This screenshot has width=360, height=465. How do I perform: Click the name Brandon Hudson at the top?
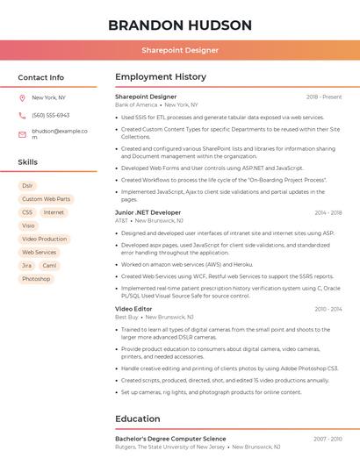click(180, 25)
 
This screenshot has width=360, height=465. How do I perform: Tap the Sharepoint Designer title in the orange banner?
click(180, 50)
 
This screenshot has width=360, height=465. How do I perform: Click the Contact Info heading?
click(40, 77)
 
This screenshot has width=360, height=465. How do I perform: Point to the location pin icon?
click(22, 98)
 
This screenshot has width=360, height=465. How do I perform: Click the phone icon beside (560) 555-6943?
click(22, 116)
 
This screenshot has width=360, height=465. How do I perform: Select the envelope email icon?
click(22, 134)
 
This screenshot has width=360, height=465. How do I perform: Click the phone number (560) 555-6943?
click(50, 116)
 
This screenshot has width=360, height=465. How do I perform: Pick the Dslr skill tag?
click(27, 186)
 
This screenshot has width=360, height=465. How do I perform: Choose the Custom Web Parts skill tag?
click(46, 199)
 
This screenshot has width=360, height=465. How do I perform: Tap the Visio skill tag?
click(29, 225)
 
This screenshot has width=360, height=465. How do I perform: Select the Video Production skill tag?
click(44, 239)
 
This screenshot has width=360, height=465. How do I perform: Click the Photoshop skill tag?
click(36, 279)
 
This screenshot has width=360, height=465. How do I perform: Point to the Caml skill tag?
click(49, 265)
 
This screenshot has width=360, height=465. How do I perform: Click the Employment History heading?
click(161, 77)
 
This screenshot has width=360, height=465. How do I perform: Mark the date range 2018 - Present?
click(324, 97)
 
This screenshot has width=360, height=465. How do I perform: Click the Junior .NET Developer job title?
click(148, 212)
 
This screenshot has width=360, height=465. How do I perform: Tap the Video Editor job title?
click(133, 309)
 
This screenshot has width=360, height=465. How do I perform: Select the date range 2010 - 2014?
click(328, 309)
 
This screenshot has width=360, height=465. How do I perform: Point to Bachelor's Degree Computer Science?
click(170, 439)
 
